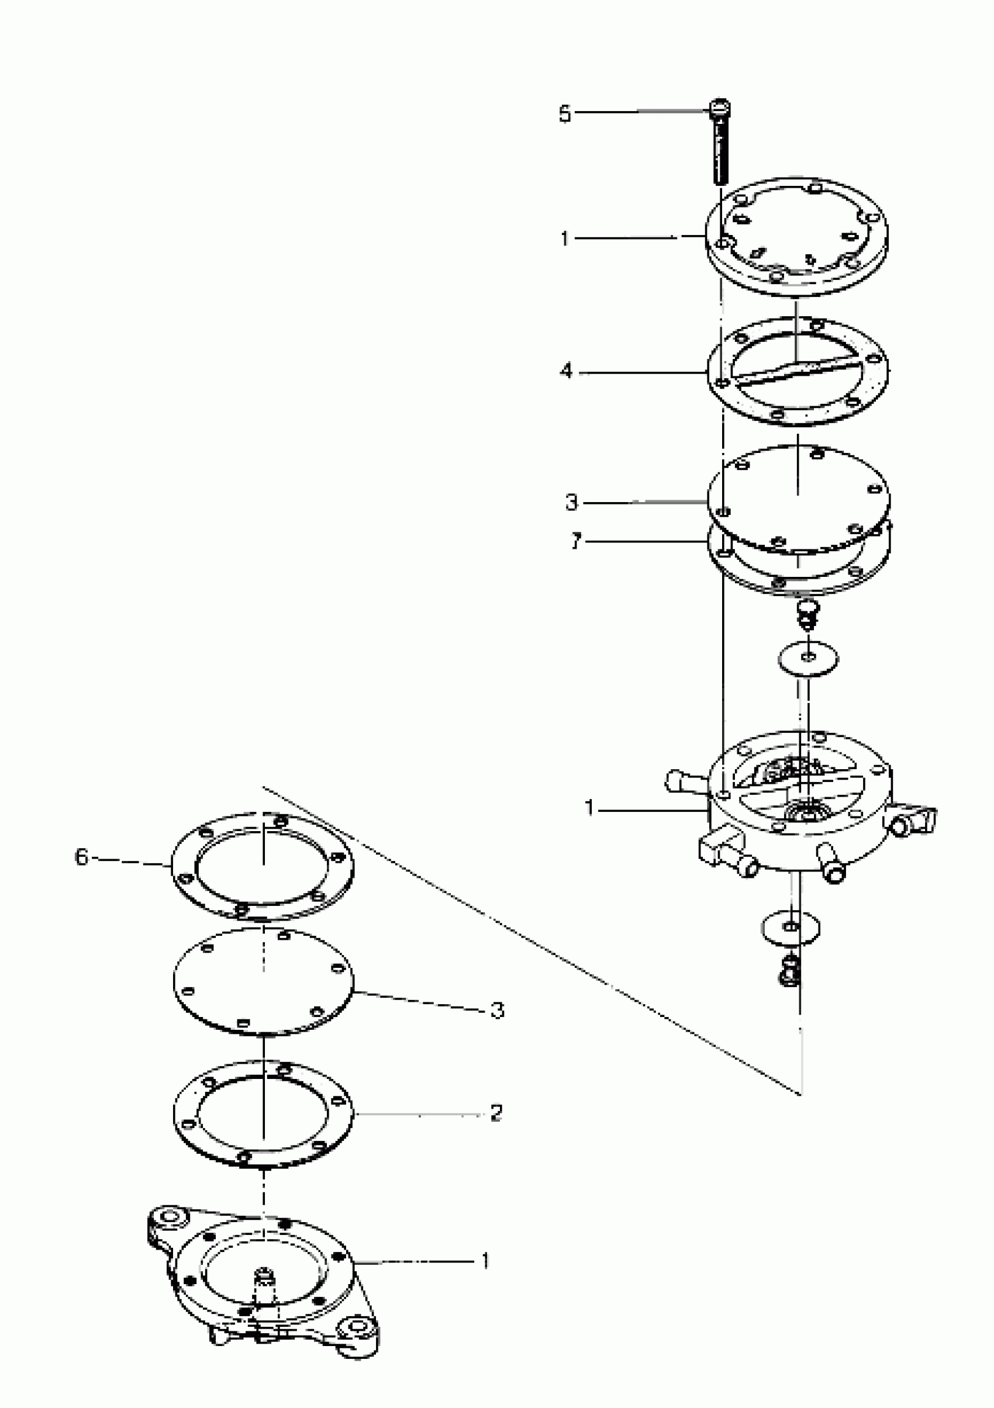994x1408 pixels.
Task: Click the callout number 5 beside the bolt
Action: point(564,114)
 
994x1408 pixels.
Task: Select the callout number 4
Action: point(566,371)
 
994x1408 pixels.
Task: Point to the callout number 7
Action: point(575,541)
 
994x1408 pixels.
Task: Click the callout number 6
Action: point(82,857)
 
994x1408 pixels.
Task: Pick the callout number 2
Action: point(496,1112)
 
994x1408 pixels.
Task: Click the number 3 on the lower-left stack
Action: point(498,1010)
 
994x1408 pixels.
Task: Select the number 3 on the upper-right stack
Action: point(571,503)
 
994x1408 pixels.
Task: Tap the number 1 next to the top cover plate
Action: point(564,238)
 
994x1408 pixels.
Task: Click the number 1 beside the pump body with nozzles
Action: point(589,808)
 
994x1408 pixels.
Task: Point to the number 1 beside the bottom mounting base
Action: point(485,1261)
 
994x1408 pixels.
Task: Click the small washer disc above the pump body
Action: point(809,659)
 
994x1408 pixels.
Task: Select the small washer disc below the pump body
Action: point(791,927)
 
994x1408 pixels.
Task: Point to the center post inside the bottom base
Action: point(264,1279)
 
